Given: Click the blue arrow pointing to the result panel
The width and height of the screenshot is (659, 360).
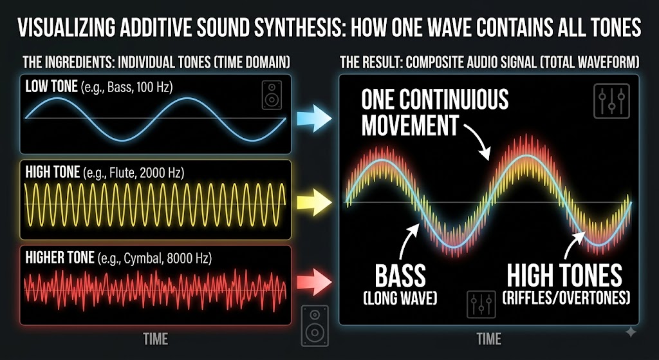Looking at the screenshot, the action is (x=314, y=118).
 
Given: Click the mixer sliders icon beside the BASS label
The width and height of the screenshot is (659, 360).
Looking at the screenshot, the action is (x=481, y=304).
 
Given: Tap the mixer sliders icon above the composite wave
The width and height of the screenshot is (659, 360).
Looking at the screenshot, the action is (x=611, y=101).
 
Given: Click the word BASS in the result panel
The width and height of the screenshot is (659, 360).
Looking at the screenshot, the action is (x=400, y=276).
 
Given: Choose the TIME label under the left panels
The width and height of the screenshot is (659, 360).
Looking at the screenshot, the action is (x=156, y=338).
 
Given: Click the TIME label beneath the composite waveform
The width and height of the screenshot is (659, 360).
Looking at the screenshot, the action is (x=489, y=338).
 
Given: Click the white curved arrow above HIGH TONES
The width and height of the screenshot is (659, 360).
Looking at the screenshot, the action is (x=571, y=244).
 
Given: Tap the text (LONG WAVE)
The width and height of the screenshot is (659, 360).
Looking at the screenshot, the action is (x=400, y=299).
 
